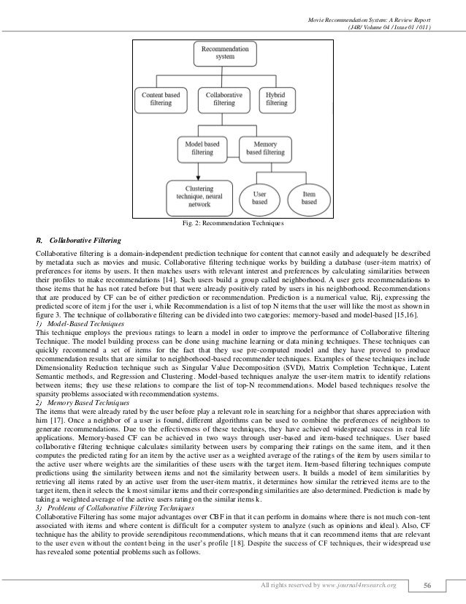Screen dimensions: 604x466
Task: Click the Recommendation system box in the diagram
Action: tap(224, 55)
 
